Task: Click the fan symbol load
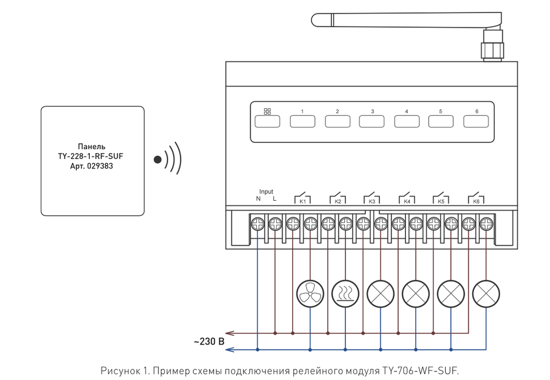(x=310, y=293)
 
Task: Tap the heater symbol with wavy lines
(x=345, y=293)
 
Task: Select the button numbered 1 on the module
(x=302, y=121)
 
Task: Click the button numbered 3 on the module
(x=372, y=121)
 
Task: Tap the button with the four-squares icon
(x=267, y=121)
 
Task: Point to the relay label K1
(x=302, y=202)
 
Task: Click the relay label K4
(x=407, y=202)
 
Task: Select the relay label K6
(x=476, y=202)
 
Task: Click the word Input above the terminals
(x=266, y=192)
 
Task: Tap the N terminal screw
(x=258, y=223)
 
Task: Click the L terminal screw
(x=275, y=223)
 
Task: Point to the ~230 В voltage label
(x=209, y=341)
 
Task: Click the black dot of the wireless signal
(x=157, y=159)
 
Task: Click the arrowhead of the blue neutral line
(x=229, y=350)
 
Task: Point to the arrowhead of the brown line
(x=229, y=333)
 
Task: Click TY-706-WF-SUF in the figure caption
(x=421, y=371)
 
